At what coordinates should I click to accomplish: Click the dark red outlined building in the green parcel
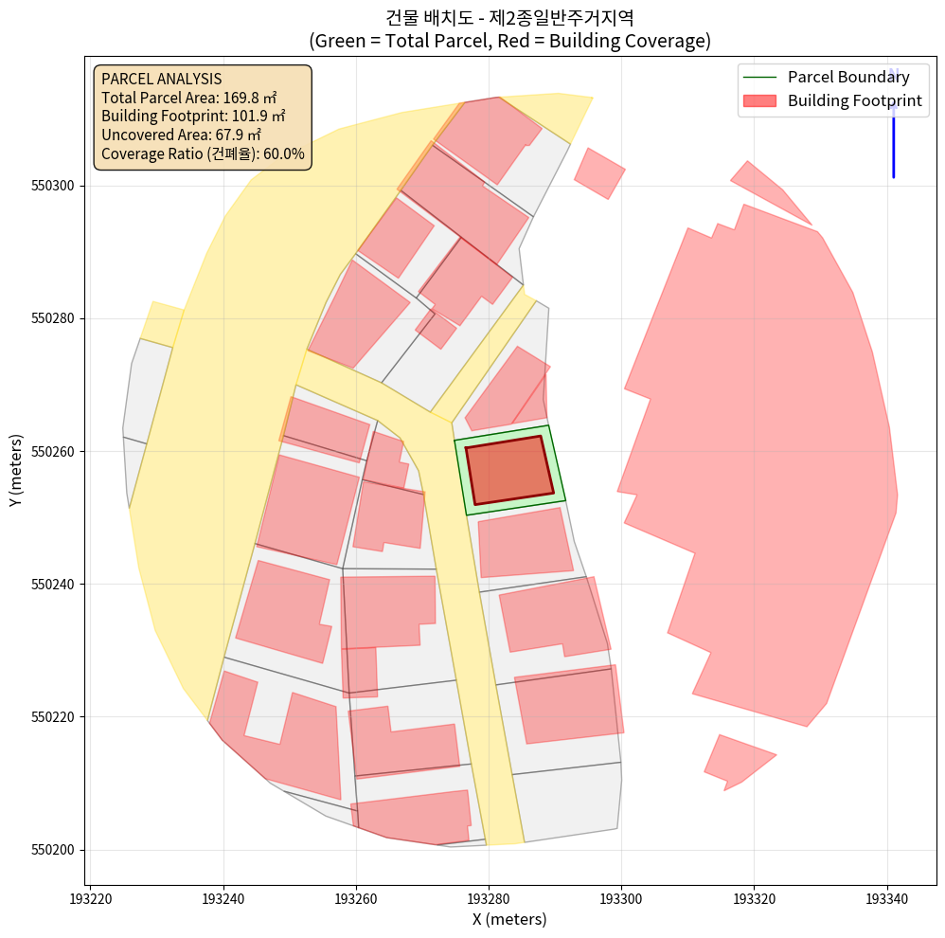(509, 470)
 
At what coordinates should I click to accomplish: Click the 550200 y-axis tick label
(54, 850)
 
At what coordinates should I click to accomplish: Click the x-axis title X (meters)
(509, 919)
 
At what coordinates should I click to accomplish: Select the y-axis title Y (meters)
(16, 471)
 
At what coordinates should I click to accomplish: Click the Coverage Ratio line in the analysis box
(203, 153)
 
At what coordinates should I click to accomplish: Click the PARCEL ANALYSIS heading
(161, 79)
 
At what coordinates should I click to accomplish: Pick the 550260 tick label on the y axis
(54, 452)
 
